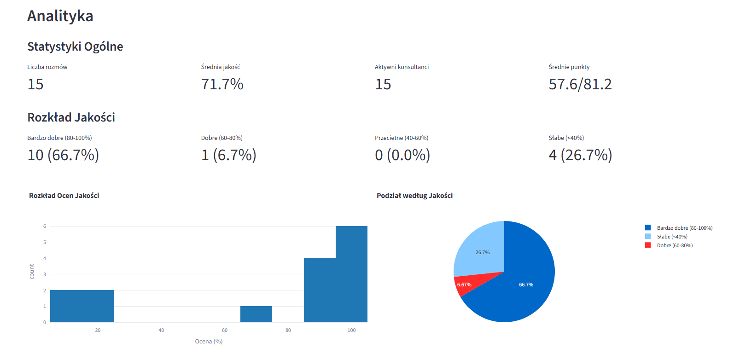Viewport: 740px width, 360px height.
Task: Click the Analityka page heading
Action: click(x=60, y=16)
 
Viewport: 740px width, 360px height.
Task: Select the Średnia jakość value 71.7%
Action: click(x=222, y=84)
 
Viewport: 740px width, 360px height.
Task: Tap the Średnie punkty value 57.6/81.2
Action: click(x=580, y=84)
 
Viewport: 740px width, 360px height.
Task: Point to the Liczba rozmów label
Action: click(x=47, y=67)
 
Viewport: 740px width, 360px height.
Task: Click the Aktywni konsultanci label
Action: click(x=402, y=67)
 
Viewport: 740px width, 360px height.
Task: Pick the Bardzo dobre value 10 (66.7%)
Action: click(x=63, y=155)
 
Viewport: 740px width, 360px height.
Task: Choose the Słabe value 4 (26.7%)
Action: click(x=580, y=155)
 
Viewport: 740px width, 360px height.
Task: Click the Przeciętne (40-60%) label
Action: click(x=402, y=138)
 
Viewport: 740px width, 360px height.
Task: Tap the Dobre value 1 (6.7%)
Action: click(x=228, y=155)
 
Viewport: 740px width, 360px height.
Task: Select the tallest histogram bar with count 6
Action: click(x=351, y=274)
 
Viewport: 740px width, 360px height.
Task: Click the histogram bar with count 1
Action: click(x=256, y=314)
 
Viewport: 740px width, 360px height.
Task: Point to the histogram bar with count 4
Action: click(x=320, y=290)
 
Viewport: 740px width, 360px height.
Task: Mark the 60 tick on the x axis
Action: click(x=225, y=331)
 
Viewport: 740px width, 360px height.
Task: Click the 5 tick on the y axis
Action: click(x=45, y=242)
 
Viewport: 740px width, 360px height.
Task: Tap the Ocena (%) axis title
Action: click(x=209, y=342)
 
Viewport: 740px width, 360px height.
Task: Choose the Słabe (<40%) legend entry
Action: click(x=672, y=237)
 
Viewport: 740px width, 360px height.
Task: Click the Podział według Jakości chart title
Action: click(x=414, y=196)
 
